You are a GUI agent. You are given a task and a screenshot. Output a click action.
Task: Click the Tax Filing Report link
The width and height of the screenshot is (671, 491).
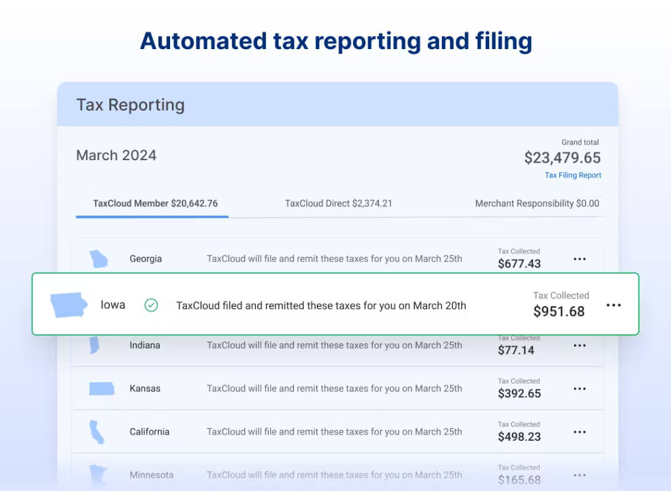click(573, 175)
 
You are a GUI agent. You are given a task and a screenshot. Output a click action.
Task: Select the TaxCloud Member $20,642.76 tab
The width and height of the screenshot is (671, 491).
click(155, 203)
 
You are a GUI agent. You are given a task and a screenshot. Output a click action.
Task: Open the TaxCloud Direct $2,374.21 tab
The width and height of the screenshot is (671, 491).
click(338, 203)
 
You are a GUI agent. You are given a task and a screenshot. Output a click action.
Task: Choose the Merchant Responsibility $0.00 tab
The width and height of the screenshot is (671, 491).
click(537, 203)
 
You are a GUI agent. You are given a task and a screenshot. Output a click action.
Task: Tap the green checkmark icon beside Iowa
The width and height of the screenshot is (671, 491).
click(151, 305)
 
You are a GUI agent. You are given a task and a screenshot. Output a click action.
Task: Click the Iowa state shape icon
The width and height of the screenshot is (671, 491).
click(69, 304)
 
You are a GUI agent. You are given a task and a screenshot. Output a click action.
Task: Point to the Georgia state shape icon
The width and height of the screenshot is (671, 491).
click(98, 259)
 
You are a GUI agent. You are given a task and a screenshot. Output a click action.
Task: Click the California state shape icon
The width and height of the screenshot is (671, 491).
click(97, 431)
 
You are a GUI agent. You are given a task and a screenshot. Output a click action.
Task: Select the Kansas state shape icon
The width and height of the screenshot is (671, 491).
click(101, 389)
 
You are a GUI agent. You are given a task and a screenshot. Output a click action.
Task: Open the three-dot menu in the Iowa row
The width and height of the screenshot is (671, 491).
click(614, 305)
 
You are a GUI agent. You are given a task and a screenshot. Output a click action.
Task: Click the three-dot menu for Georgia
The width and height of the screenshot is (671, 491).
click(580, 259)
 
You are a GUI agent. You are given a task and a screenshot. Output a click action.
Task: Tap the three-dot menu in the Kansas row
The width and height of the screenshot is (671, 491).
click(580, 389)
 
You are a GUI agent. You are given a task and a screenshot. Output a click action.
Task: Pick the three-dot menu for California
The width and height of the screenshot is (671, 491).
click(580, 431)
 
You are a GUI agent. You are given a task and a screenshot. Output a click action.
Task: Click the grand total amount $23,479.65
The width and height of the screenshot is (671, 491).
click(562, 158)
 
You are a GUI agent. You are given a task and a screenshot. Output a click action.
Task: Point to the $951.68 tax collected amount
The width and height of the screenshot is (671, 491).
click(559, 311)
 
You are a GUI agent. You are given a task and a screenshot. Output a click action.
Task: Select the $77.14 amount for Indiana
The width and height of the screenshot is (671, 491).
click(516, 350)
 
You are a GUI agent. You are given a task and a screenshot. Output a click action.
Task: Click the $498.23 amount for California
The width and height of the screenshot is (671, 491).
click(519, 436)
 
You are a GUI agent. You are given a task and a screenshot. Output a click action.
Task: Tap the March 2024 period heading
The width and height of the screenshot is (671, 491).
click(117, 155)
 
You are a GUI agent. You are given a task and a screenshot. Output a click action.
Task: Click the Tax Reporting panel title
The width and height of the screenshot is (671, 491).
click(131, 105)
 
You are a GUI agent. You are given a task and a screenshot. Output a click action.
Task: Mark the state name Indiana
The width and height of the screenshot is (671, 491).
click(145, 345)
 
